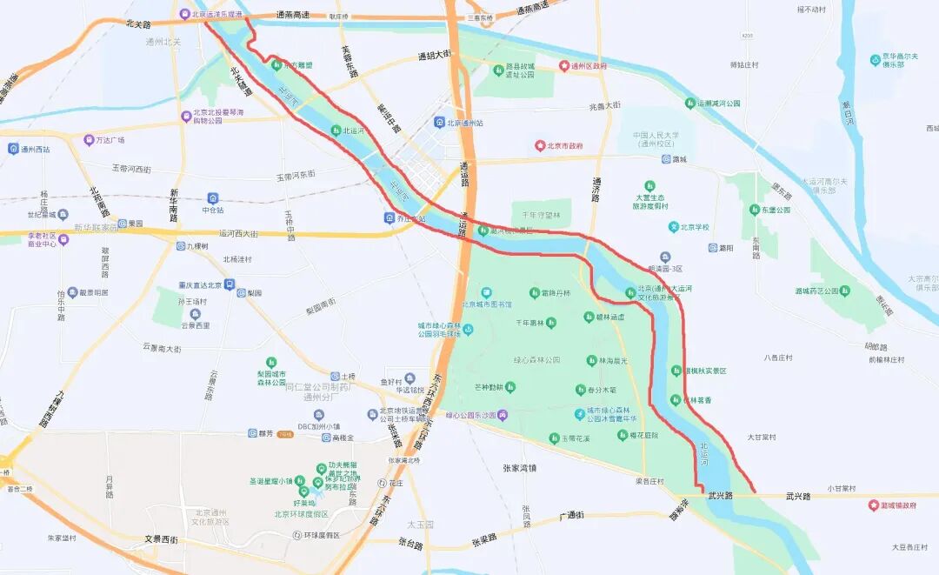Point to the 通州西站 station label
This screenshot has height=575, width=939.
(x=35, y=149)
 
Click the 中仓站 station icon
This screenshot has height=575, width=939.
(x=213, y=198)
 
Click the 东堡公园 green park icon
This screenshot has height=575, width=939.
(x=755, y=210)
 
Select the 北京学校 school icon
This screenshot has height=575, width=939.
(x=674, y=227)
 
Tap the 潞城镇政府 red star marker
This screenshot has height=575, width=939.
(x=873, y=505)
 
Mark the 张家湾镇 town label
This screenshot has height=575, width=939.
(x=519, y=468)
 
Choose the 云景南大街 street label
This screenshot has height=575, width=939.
(x=162, y=348)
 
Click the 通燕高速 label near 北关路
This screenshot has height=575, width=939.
(x=292, y=16)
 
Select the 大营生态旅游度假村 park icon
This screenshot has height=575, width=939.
(x=649, y=185)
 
